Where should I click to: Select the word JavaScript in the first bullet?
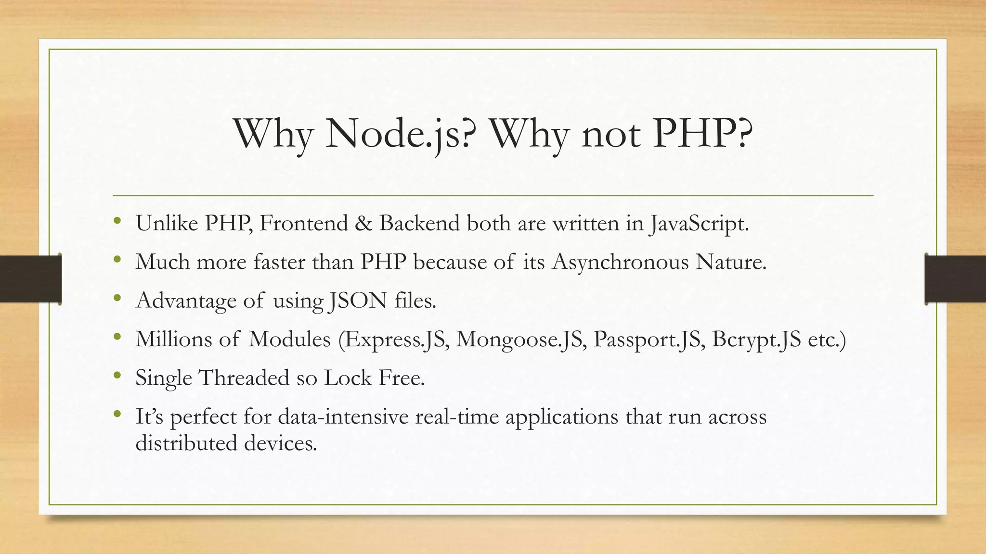699,224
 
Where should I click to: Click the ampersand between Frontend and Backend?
363,223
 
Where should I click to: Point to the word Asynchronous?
620,263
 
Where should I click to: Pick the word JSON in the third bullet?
359,301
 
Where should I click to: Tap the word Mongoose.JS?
521,340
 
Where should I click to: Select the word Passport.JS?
649,340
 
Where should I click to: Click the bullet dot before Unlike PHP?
117,222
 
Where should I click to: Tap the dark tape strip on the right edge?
955,279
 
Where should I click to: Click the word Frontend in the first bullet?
303,223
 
